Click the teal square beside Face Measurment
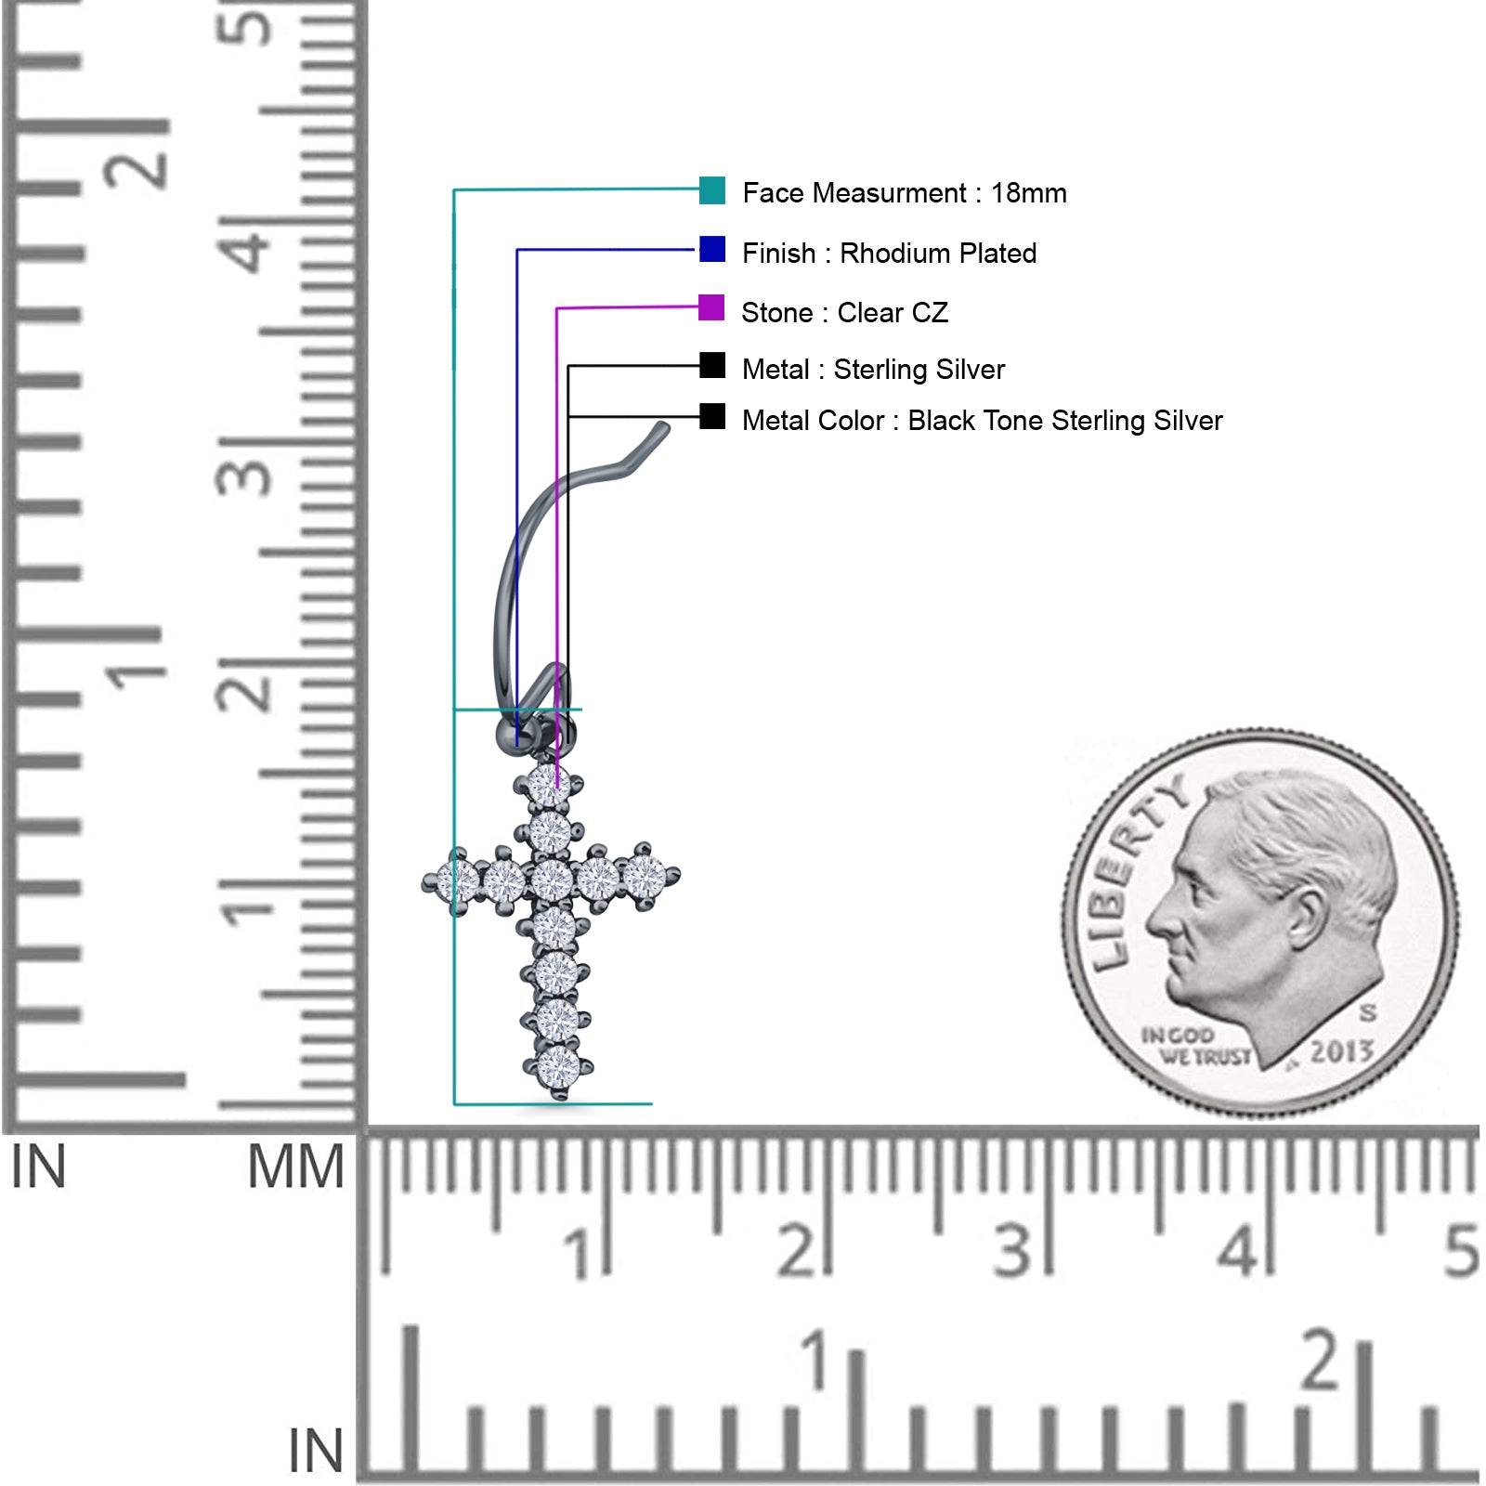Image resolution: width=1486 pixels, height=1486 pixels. point(712,190)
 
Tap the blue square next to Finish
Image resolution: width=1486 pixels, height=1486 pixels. point(712,250)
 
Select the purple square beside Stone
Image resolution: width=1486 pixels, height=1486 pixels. point(711,307)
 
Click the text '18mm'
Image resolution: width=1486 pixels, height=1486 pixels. point(1028,193)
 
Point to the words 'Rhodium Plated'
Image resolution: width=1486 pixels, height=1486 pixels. point(938,254)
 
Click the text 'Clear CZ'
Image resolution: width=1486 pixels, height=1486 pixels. point(893,313)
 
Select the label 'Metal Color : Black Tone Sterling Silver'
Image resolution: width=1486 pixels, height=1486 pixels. point(982,421)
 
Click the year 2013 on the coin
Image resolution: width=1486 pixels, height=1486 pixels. point(1341,1051)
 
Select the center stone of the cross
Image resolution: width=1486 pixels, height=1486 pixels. point(552,879)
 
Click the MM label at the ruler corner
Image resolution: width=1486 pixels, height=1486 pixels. point(295,1167)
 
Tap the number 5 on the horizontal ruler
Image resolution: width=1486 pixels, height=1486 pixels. point(1460,1251)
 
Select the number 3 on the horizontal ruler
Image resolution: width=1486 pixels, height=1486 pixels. point(1013,1251)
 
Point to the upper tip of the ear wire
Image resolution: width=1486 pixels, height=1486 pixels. point(663,428)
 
